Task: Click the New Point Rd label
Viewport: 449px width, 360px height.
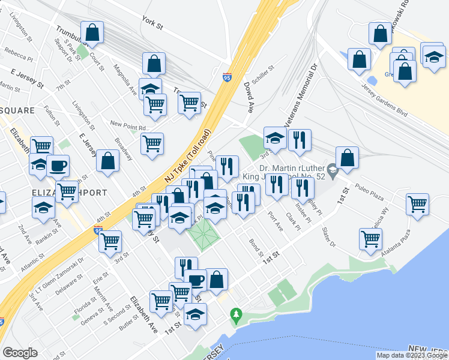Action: click(x=128, y=127)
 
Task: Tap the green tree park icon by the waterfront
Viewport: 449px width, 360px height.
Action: click(x=237, y=314)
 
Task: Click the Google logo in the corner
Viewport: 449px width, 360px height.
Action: click(x=20, y=352)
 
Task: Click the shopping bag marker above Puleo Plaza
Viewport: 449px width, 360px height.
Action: click(x=348, y=158)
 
